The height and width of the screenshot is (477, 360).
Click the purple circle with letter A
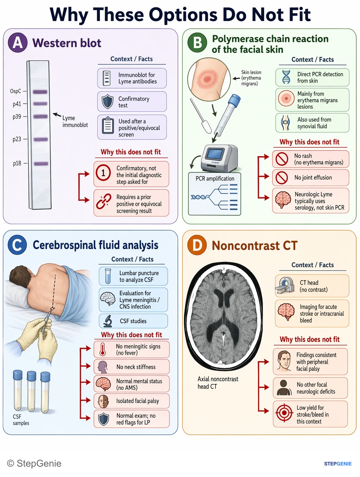coord(18,43)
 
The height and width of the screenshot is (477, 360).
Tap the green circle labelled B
coord(197,43)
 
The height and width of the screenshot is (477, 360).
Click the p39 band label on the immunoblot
coord(17,117)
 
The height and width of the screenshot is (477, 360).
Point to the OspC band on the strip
coord(40,92)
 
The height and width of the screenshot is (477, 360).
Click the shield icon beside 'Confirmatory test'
coord(108,102)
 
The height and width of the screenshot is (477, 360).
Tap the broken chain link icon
coord(104,201)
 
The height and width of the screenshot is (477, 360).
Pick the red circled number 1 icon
coord(103,173)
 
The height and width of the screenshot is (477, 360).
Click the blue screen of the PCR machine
coord(215,153)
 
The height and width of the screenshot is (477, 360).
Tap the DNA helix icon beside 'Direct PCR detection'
coord(286,77)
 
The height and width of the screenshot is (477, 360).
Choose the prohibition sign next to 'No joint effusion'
coord(282,177)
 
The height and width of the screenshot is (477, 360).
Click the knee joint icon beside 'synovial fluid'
coord(285,123)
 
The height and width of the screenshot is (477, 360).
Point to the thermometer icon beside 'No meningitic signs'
coord(103,349)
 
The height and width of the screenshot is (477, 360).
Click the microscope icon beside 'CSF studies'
coord(108,321)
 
